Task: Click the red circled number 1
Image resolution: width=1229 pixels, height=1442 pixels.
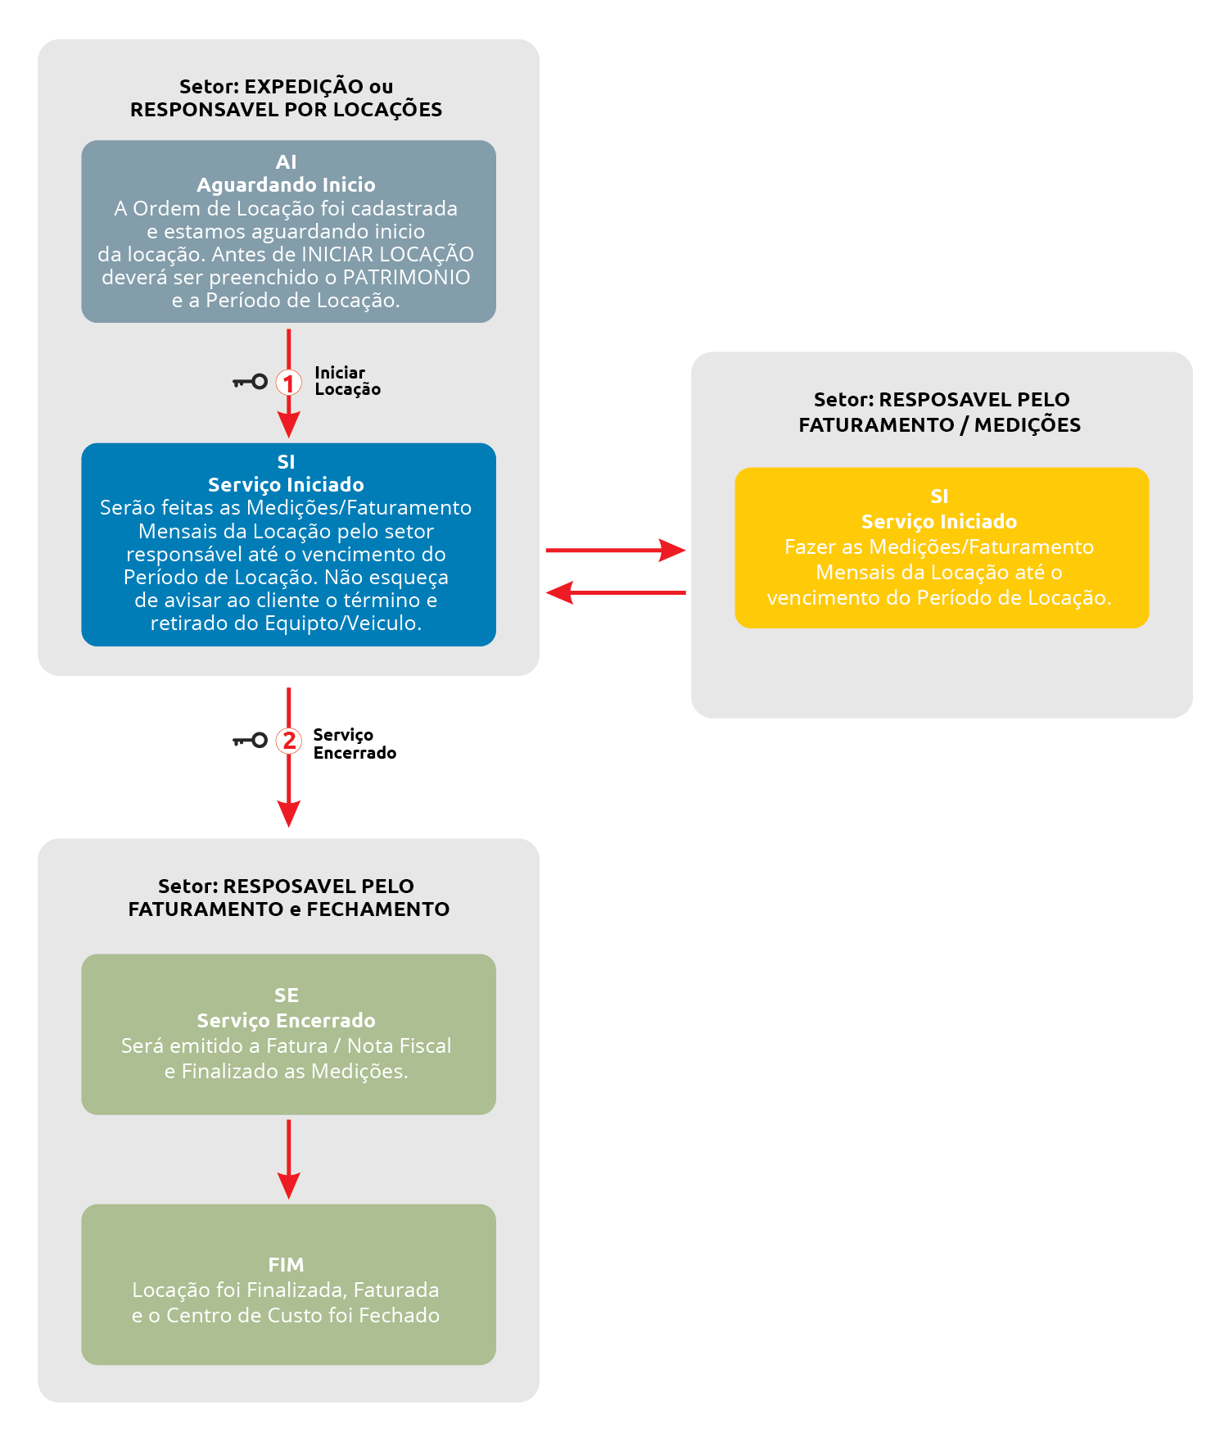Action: pyautogui.click(x=288, y=382)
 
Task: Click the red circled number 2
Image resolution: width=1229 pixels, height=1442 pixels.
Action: pyautogui.click(x=288, y=741)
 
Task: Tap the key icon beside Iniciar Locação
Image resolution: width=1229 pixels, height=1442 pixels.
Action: pyautogui.click(x=250, y=382)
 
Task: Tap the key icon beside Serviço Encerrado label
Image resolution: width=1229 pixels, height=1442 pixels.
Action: pyautogui.click(x=250, y=741)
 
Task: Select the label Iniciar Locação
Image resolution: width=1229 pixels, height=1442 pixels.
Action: pyautogui.click(x=347, y=381)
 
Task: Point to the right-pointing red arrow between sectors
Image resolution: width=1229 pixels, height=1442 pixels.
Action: pyautogui.click(x=616, y=551)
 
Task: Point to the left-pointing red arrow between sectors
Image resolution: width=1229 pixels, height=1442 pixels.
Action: pyautogui.click(x=616, y=592)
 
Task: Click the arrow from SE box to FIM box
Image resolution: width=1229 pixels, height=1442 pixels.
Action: pyautogui.click(x=288, y=1159)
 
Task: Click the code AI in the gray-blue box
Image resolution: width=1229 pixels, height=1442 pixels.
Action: pyautogui.click(x=286, y=162)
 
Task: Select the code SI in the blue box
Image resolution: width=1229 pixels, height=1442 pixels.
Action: pyautogui.click(x=286, y=462)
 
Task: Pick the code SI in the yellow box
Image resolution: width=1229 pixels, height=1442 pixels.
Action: pyautogui.click(x=939, y=497)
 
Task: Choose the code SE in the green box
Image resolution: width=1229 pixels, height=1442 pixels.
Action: pyautogui.click(x=286, y=995)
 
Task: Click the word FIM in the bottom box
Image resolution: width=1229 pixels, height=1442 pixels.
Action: pyautogui.click(x=286, y=1265)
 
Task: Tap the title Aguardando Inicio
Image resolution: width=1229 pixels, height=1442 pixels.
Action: pyautogui.click(x=286, y=185)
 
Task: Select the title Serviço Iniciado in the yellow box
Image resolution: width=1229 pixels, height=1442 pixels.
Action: pyautogui.click(x=939, y=522)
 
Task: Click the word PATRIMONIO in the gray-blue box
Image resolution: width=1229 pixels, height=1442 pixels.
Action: pyautogui.click(x=406, y=278)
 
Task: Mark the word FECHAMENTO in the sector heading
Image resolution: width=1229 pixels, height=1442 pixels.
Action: pyautogui.click(x=377, y=909)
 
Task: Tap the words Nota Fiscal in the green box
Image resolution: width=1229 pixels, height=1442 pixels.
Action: pyautogui.click(x=399, y=1046)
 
